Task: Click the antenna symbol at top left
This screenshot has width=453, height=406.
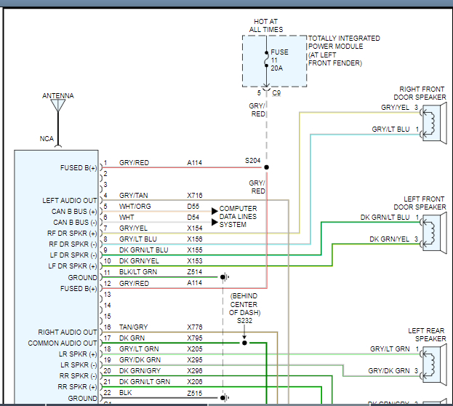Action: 57,106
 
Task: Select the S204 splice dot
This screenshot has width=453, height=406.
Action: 266,167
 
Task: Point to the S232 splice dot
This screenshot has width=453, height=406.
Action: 244,342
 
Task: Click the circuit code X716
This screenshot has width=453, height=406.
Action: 194,196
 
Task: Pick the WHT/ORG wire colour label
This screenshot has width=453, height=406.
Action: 135,207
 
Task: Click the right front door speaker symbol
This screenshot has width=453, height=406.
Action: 434,119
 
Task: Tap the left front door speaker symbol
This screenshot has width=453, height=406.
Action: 434,228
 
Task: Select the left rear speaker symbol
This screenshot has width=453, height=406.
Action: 434,360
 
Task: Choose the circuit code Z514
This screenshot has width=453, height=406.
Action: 194,272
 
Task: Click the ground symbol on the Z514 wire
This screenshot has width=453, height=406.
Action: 226,277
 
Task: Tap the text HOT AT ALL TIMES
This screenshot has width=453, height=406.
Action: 266,25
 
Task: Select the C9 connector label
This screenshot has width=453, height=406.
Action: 276,93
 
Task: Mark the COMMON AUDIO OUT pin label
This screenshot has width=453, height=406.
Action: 63,343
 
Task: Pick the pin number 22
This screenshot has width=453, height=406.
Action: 106,393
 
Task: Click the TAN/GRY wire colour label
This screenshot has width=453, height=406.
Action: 133,327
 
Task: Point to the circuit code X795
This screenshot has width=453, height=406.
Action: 194,338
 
